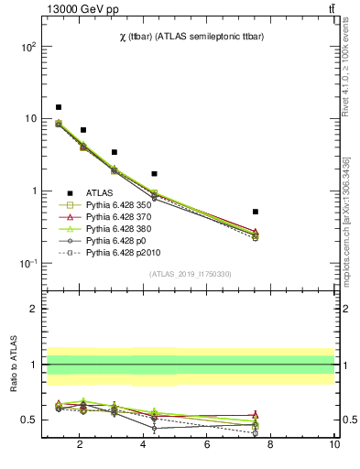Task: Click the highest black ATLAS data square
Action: (x=59, y=107)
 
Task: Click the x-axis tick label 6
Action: (x=207, y=445)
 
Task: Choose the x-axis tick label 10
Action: (x=333, y=445)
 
